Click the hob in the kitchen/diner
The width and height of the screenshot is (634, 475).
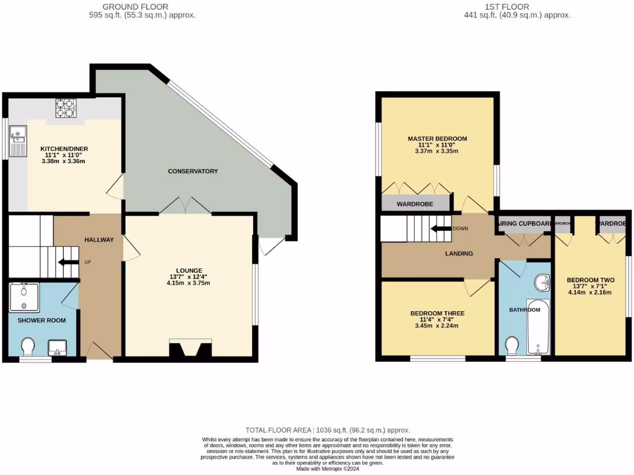point(65,108)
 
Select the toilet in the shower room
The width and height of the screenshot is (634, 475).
point(28,346)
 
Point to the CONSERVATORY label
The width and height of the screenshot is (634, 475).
point(194,171)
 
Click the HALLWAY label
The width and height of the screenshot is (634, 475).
point(98,240)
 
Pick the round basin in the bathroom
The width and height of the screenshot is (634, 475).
point(543,283)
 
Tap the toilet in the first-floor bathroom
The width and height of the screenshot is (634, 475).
point(512,344)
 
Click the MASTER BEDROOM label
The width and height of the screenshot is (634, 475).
point(437,139)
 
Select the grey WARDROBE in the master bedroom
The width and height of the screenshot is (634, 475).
point(415,203)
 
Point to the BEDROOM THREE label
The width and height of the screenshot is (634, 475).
point(437,314)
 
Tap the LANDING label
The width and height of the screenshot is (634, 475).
point(459,254)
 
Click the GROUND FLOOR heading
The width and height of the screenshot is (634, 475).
point(142,7)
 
